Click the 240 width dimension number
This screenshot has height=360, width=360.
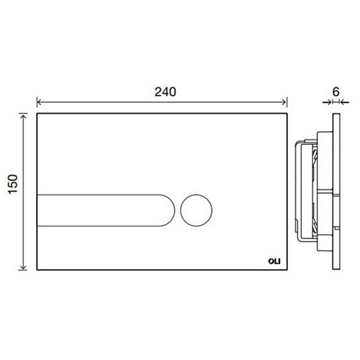point(165,92)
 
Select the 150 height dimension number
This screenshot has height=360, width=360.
point(13,184)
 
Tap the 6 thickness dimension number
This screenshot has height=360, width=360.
point(336,91)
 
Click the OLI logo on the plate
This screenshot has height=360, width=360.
point(274,261)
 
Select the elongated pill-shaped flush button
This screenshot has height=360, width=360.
point(106,210)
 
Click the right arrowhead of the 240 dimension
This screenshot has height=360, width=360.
point(284,102)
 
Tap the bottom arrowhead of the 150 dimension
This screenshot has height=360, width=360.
point(23,267)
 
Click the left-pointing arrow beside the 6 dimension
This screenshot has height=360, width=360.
point(345,102)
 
